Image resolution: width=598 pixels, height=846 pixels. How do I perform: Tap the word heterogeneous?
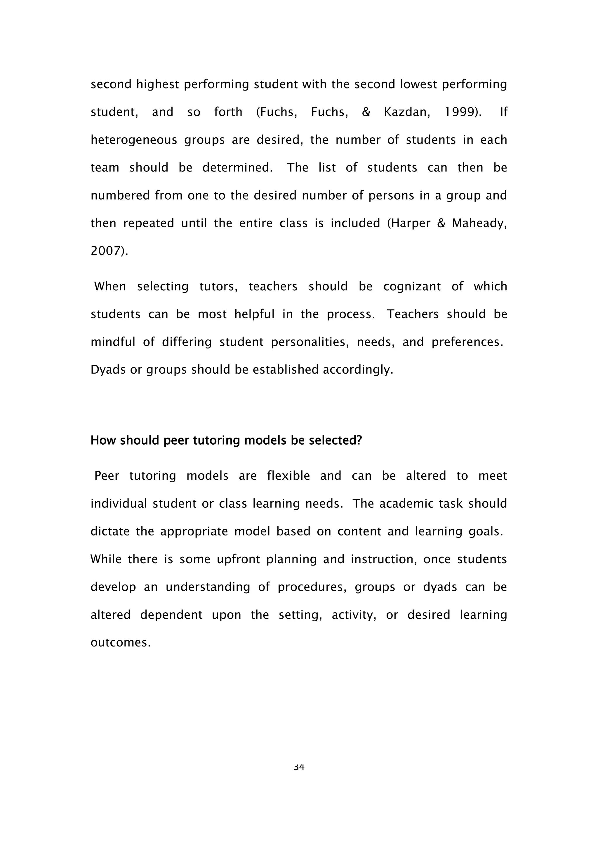pyautogui.click(x=134, y=140)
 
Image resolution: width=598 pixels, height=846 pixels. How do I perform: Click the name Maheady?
pyautogui.click(x=479, y=223)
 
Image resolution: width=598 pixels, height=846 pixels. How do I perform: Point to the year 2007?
pyautogui.click(x=109, y=251)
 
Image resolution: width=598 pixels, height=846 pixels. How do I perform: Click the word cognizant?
pyautogui.click(x=412, y=286)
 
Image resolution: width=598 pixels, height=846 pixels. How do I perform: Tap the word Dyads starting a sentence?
pyautogui.click(x=108, y=370)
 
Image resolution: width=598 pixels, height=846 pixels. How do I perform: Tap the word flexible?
pyautogui.click(x=288, y=476)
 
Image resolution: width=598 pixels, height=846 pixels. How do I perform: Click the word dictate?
pyautogui.click(x=110, y=531)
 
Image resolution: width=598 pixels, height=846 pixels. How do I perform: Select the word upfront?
pyautogui.click(x=239, y=559)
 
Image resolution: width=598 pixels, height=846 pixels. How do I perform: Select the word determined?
pyautogui.click(x=237, y=168)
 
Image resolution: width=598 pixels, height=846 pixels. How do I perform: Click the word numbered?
pyautogui.click(x=119, y=195)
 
